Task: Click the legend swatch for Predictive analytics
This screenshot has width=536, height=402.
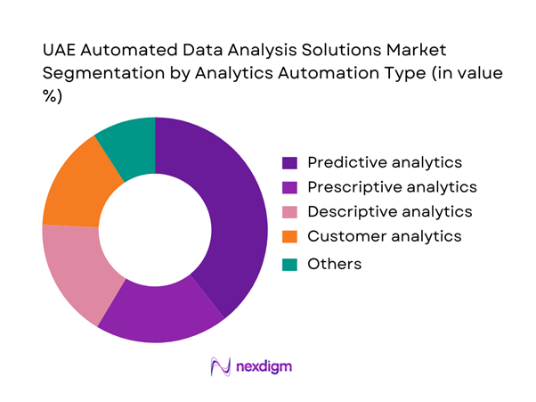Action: coord(289,163)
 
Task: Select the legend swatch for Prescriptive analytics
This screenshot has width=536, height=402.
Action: coord(289,188)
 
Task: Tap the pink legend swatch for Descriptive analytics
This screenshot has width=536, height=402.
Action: coord(289,213)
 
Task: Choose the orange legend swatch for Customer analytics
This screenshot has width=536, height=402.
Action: coord(289,238)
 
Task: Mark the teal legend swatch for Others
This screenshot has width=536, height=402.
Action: coord(289,264)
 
